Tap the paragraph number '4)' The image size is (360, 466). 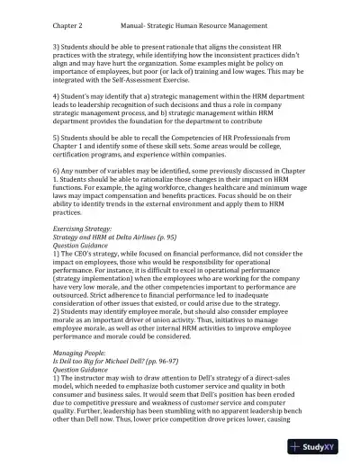point(57,94)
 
